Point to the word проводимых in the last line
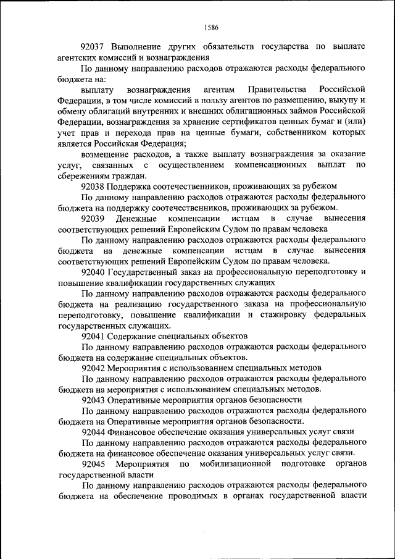click(181, 495)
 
